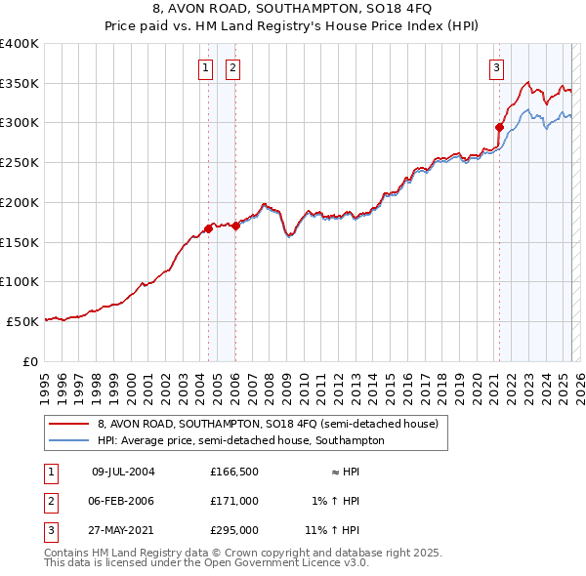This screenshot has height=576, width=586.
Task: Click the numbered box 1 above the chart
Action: pyautogui.click(x=206, y=67)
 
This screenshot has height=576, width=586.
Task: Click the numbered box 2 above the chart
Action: pyautogui.click(x=233, y=67)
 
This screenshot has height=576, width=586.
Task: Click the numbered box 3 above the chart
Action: pyautogui.click(x=497, y=67)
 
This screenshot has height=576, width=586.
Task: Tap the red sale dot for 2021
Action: pyautogui.click(x=499, y=126)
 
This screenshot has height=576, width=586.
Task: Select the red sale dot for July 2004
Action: pyautogui.click(x=208, y=229)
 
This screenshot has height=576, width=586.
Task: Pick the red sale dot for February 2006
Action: pyautogui.click(x=235, y=226)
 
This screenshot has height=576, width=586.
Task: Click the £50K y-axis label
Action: pyautogui.click(x=22, y=320)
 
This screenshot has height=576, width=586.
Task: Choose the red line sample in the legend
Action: pyautogui.click(x=68, y=425)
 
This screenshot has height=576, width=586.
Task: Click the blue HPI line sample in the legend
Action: pyautogui.click(x=68, y=440)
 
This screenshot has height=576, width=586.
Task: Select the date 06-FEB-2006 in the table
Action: pyautogui.click(x=123, y=501)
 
